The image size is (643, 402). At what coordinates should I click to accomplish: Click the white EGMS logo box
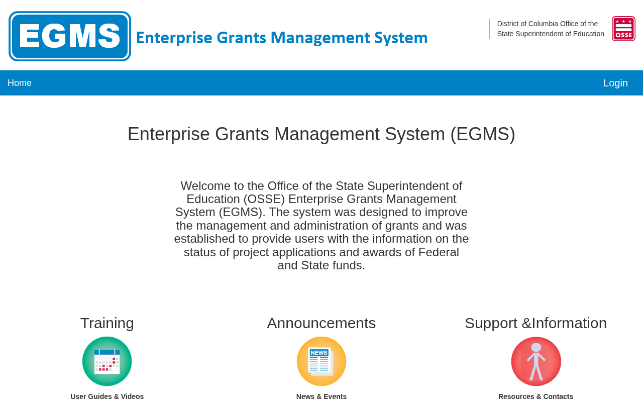[70, 36]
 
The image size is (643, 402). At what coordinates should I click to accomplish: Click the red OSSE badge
[623, 29]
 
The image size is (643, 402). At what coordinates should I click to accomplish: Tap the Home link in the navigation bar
[20, 83]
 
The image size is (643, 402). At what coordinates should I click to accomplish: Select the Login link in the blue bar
[615, 83]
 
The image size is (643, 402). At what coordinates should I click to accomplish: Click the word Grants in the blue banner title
[242, 38]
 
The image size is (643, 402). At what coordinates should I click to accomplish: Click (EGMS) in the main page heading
[483, 134]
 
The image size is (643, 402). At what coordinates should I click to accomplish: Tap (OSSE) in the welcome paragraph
[264, 199]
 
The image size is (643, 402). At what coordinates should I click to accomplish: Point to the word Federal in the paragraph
[439, 252]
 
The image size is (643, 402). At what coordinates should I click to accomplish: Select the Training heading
[107, 323]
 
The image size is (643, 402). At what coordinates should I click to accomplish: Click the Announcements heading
[321, 323]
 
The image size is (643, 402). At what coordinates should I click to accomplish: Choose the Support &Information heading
[535, 323]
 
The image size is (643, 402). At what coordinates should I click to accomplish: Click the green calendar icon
[107, 361]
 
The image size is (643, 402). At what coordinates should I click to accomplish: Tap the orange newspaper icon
[321, 361]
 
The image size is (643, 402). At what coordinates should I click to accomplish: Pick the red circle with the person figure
[536, 361]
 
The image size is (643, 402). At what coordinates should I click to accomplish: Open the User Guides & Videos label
[107, 396]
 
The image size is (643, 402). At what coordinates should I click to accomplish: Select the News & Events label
[321, 396]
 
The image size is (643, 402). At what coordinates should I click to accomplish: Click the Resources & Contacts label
[535, 396]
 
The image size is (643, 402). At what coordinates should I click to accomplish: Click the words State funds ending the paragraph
[333, 265]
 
